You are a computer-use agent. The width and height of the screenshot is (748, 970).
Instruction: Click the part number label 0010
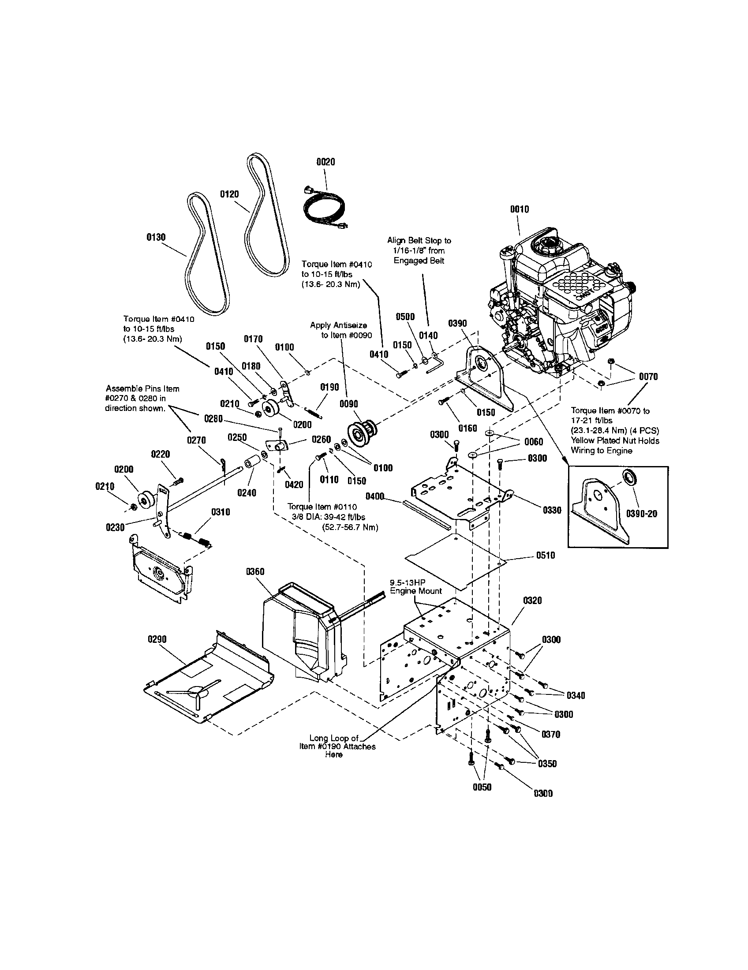pyautogui.click(x=519, y=209)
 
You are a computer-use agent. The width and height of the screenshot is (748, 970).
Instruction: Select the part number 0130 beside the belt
pyautogui.click(x=156, y=237)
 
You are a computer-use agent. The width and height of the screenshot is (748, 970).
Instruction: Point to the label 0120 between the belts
pyautogui.click(x=229, y=194)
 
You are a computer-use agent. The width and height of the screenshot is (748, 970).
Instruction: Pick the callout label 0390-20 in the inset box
pyautogui.click(x=641, y=514)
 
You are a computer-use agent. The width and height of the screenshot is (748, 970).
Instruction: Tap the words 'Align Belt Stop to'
pyautogui.click(x=419, y=240)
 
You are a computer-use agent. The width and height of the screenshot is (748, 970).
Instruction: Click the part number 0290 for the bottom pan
pyautogui.click(x=157, y=639)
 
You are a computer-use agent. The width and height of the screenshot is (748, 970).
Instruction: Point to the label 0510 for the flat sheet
pyautogui.click(x=545, y=555)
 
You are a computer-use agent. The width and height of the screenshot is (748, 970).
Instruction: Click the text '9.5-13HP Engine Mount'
pyautogui.click(x=415, y=587)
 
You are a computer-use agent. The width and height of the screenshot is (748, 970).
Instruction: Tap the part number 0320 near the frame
pyautogui.click(x=532, y=601)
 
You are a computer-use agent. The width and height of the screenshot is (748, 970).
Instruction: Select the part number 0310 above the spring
pyautogui.click(x=221, y=512)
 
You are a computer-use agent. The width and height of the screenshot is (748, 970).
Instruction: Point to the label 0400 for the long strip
pyautogui.click(x=375, y=496)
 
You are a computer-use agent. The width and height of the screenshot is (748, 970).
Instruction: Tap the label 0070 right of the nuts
pyautogui.click(x=648, y=377)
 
